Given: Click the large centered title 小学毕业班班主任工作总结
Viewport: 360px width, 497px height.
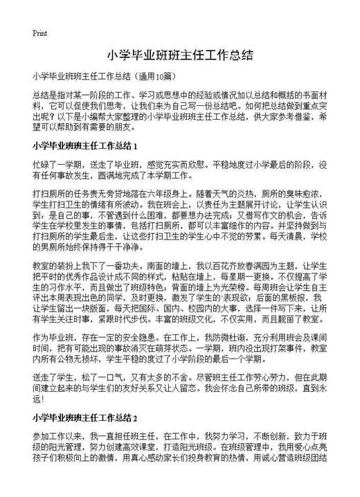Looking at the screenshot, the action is pos(179,55).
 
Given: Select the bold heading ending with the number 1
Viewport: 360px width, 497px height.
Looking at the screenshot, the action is pos(87,146).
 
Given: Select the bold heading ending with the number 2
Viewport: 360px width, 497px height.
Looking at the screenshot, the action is pos(87,419).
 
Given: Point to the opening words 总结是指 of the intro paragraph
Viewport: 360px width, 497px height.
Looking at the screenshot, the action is pos(51,93).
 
